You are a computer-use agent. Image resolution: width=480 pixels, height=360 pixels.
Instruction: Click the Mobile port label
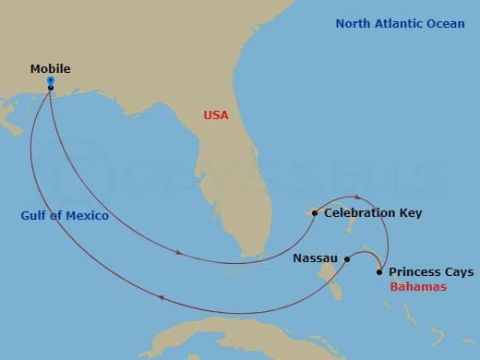pyautogui.click(x=50, y=68)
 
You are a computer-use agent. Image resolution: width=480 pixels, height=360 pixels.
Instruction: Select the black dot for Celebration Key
pyautogui.click(x=315, y=213)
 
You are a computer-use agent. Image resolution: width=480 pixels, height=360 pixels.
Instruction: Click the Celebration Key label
pyautogui.click(x=373, y=213)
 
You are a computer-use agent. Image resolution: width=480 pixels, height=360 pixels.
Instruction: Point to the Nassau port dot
pyautogui.click(x=347, y=259)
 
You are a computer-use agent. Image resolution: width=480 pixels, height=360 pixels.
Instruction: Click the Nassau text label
pyautogui.click(x=316, y=259)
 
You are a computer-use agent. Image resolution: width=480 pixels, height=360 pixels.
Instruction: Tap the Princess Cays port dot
pyautogui.click(x=379, y=272)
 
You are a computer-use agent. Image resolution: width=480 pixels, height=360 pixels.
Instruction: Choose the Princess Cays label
pyautogui.click(x=431, y=272)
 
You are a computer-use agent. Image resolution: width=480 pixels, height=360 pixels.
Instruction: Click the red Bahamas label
pyautogui.click(x=418, y=287)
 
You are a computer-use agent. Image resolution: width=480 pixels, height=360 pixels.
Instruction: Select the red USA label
pyautogui.click(x=216, y=116)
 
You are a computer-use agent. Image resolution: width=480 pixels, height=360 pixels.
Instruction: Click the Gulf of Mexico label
pyautogui.click(x=65, y=216)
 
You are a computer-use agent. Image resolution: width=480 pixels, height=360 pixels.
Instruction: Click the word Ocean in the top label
pyautogui.click(x=445, y=23)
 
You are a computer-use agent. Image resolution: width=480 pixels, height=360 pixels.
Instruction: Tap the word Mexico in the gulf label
pyautogui.click(x=88, y=216)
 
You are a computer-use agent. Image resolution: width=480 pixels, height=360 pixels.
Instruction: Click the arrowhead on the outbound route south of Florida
pyautogui.click(x=178, y=250)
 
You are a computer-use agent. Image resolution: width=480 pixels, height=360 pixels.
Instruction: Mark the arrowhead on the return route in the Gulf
pyautogui.click(x=162, y=297)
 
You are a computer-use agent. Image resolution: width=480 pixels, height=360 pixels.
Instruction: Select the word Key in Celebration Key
pyautogui.click(x=411, y=213)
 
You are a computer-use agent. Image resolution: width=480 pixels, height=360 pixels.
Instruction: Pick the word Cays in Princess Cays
pyautogui.click(x=459, y=272)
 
